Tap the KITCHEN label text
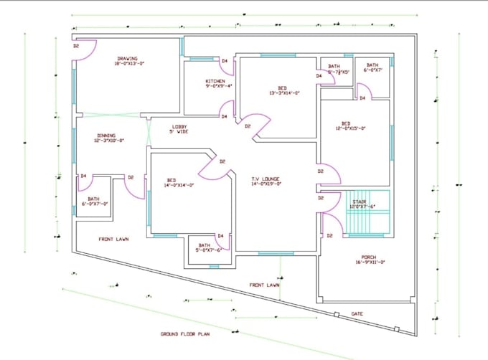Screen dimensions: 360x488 (215, 82)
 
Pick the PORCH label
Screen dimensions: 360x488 (368, 258)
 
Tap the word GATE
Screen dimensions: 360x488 (357, 313)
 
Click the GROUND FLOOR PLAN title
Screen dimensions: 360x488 (185, 334)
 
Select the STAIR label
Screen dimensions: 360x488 (359, 203)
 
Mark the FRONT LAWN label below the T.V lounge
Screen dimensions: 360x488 (264, 285)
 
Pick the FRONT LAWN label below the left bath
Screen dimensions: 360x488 (114, 239)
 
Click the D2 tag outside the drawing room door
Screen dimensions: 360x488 (75, 46)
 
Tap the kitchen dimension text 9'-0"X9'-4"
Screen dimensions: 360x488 (215, 87)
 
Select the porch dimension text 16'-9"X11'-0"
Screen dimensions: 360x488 (368, 263)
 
